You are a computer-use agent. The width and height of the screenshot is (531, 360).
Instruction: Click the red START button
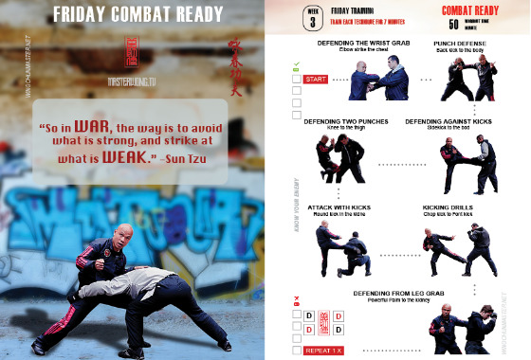tap(316, 80)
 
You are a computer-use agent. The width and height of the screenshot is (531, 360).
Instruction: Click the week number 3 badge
tap(311, 16)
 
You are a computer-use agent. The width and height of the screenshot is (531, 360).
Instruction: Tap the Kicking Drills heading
tap(452, 206)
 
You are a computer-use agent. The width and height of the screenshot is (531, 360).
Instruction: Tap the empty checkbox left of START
tap(296, 80)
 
